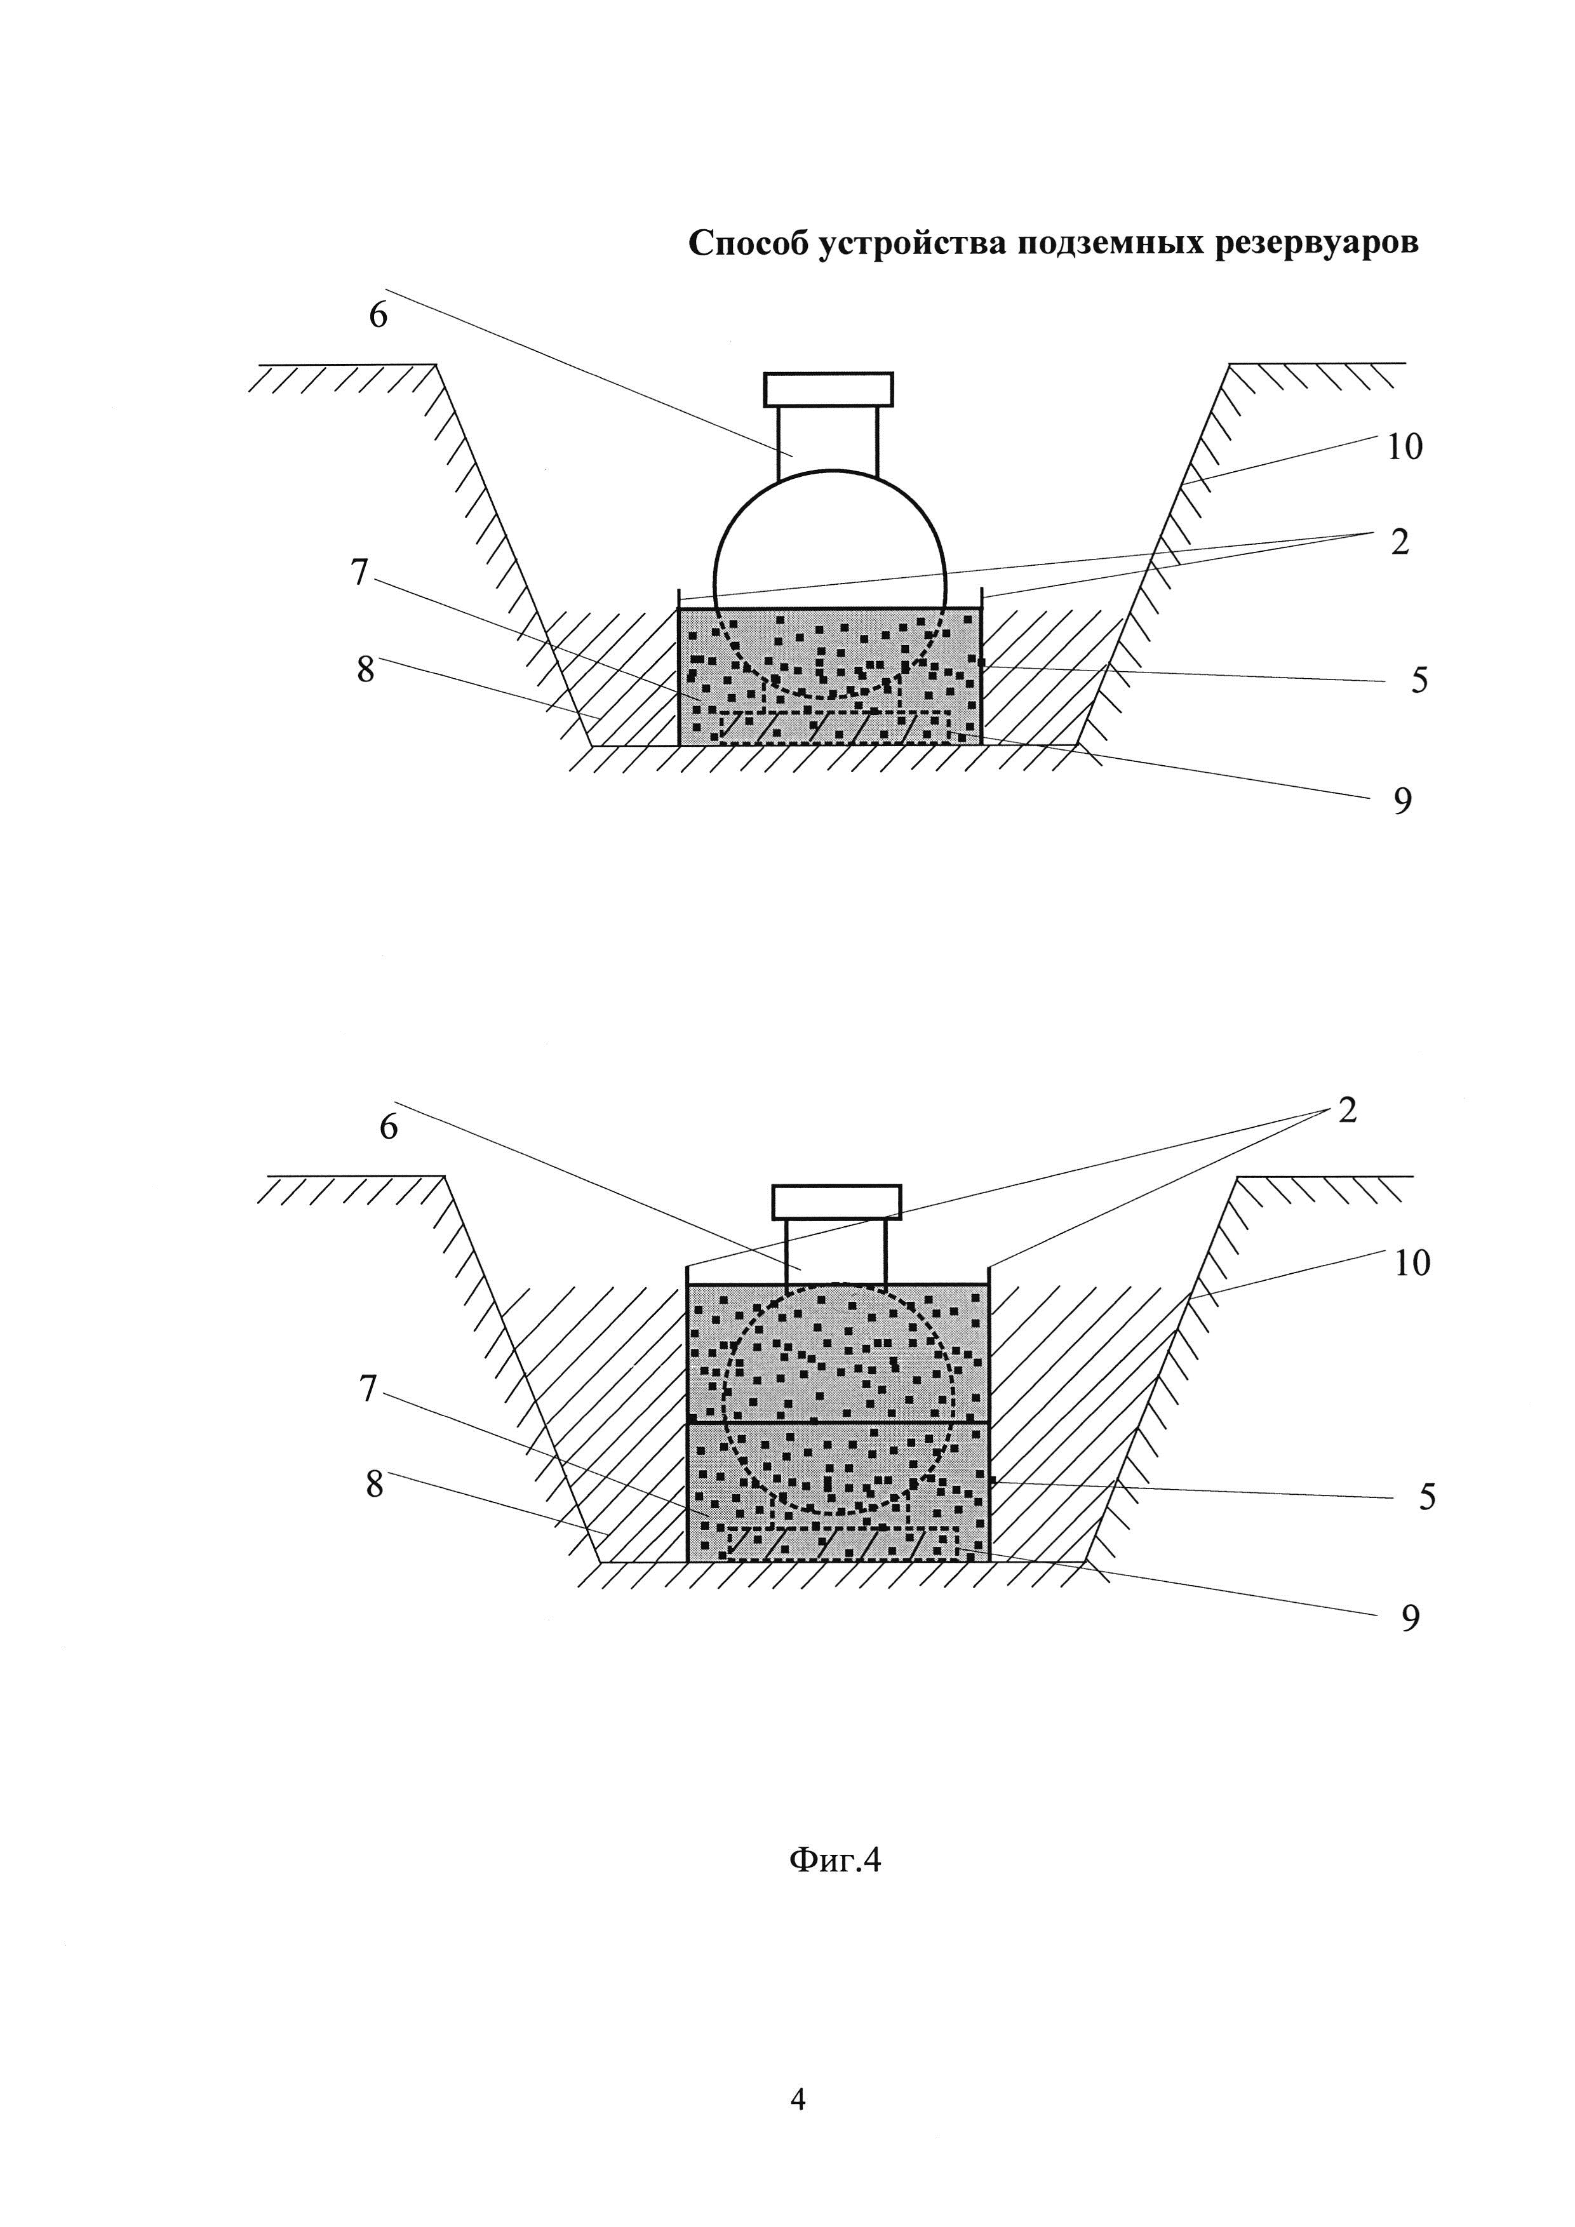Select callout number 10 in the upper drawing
coord(1404,447)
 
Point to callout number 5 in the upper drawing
coord(1419,681)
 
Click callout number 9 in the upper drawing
coord(1402,801)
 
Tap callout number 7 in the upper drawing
coord(360,573)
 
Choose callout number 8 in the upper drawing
coord(365,669)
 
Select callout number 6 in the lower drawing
coord(389,1127)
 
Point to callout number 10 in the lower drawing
coord(1412,1263)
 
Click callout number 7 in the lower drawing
coord(368,1390)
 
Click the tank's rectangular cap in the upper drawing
coord(828,389)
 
